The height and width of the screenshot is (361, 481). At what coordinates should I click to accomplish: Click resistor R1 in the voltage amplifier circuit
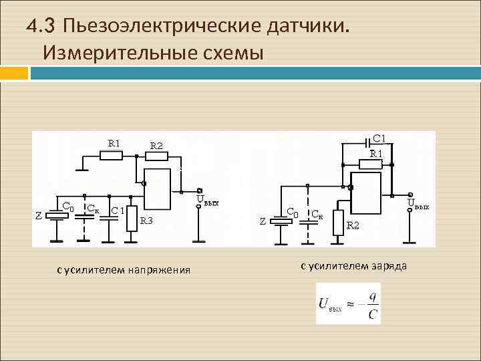tap(111, 156)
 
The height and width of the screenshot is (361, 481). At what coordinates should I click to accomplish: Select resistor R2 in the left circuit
tap(156, 156)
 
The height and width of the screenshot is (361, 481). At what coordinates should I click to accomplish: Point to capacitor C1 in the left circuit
tap(111, 220)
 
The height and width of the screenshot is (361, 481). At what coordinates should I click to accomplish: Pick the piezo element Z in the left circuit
tap(56, 218)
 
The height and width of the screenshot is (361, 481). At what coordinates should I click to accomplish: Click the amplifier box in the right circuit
tap(367, 190)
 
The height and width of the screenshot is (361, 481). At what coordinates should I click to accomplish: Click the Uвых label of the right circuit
tap(418, 204)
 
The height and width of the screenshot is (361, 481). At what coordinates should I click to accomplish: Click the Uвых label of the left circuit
tap(206, 201)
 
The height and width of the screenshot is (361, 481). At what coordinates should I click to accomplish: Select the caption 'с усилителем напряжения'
tap(124, 270)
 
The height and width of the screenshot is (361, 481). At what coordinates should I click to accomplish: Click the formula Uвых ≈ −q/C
tap(348, 304)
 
